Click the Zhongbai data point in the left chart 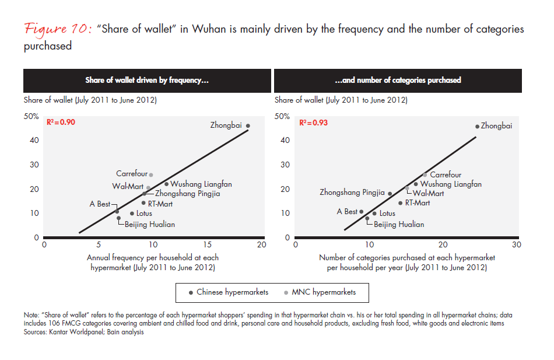[x=248, y=126]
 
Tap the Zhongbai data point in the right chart [x=477, y=126]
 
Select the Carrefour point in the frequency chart [x=151, y=175]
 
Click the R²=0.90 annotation [x=61, y=123]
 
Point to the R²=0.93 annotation [x=314, y=123]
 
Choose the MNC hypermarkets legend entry [x=322, y=292]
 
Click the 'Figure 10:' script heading [x=60, y=30]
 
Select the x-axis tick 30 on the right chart [x=516, y=245]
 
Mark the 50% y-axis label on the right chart [x=282, y=116]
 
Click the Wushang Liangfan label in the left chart [x=197, y=184]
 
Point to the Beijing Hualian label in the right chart [x=399, y=224]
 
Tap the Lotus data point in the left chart [x=132, y=214]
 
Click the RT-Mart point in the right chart [x=400, y=203]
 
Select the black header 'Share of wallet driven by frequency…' [x=147, y=81]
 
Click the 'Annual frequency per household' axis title [x=153, y=257]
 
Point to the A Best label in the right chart [x=347, y=212]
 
